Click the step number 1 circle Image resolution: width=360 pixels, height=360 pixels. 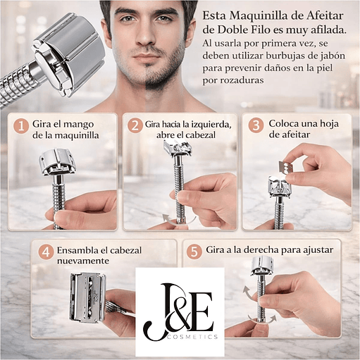click(x=21, y=126)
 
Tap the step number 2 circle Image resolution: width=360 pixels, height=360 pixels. click(x=135, y=126)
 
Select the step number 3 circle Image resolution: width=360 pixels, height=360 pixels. click(x=256, y=125)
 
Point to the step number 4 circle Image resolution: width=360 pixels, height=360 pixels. click(x=46, y=252)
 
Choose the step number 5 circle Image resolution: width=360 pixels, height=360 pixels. click(x=194, y=252)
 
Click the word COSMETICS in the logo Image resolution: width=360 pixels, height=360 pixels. click(x=192, y=337)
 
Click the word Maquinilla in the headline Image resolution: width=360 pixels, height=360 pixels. click(x=259, y=16)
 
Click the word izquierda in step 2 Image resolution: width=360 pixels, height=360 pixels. click(x=210, y=124)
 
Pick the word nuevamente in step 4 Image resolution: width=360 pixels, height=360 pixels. click(x=83, y=261)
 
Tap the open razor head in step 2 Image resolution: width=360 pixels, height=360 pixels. click(x=178, y=147)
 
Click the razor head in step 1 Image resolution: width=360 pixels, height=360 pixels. click(x=57, y=162)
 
